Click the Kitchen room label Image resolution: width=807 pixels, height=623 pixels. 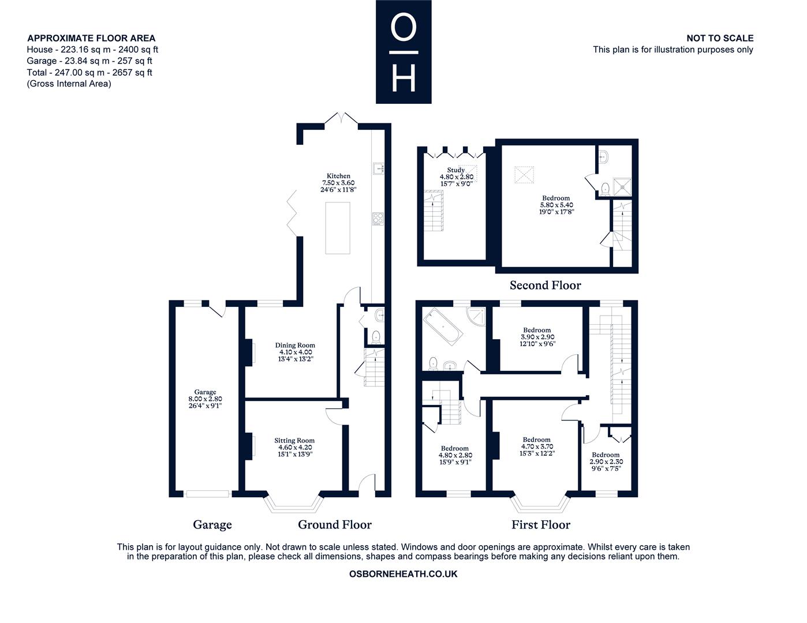(338, 176)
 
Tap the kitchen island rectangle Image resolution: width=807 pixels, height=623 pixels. (338, 228)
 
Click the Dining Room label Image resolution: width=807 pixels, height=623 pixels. (295, 345)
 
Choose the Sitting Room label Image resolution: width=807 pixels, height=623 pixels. (294, 441)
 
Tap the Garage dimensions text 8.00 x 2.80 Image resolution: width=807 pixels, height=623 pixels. (205, 399)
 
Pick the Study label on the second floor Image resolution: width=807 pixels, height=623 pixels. (455, 170)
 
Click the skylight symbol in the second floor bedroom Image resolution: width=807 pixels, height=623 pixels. (524, 175)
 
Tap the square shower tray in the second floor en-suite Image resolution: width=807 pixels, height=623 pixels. (622, 187)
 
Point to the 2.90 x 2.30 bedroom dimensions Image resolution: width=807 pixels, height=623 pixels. (606, 461)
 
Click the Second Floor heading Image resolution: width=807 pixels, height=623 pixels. (545, 285)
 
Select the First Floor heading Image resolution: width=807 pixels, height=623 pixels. (541, 524)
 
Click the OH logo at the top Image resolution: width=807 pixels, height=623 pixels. (403, 51)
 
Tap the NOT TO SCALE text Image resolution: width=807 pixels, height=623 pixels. (720, 38)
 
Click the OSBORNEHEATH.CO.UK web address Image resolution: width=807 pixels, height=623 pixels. (403, 574)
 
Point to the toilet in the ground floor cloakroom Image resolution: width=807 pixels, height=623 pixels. (376, 337)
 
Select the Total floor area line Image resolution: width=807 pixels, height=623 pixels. (89, 72)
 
